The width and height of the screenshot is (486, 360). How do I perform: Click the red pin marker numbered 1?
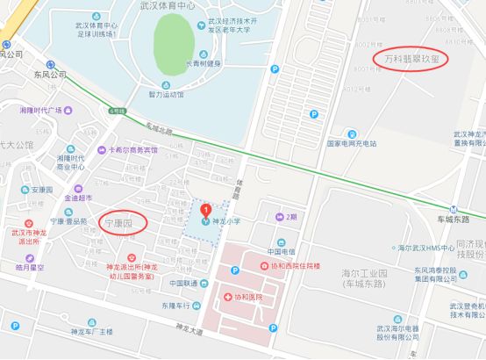pyautogui.click(x=205, y=210)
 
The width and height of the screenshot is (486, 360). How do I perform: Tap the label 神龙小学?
pyautogui.click(x=226, y=221)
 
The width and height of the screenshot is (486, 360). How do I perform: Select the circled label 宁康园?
pyautogui.click(x=123, y=224)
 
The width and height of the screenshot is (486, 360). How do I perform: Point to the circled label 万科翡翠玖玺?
pyautogui.click(x=411, y=58)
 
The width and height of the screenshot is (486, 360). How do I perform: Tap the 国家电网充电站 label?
pyautogui.click(x=352, y=143)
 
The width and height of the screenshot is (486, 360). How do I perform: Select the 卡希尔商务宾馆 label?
pyautogui.click(x=132, y=150)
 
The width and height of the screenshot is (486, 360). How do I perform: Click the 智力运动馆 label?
pyautogui.click(x=166, y=94)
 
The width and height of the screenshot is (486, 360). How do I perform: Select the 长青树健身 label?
pyautogui.click(x=204, y=62)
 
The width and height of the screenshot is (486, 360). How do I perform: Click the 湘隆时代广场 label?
pyautogui.click(x=46, y=111)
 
